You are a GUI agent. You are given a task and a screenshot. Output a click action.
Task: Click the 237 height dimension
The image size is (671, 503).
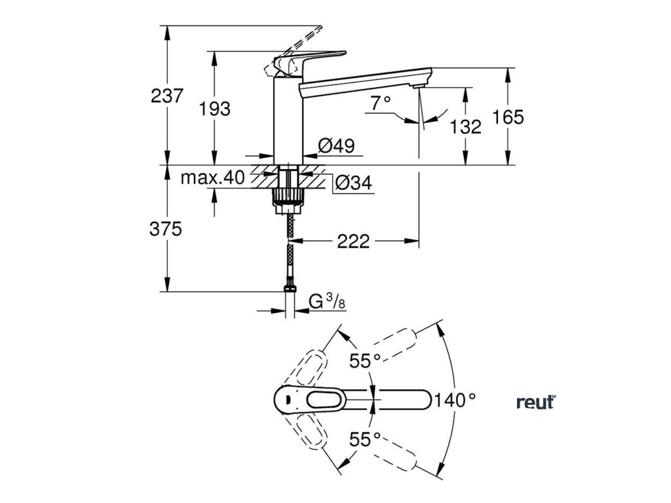pos(167,96)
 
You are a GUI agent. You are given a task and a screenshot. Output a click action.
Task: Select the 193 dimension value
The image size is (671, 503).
pos(215,109)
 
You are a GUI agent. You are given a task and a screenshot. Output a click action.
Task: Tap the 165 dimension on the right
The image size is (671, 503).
pos(508,117)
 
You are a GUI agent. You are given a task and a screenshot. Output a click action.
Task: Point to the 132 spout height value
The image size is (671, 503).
pos(466,126)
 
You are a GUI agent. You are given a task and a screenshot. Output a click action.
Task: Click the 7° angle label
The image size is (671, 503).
pos(381,103)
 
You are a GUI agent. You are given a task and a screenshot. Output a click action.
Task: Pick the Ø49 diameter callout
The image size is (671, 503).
pos(336,146)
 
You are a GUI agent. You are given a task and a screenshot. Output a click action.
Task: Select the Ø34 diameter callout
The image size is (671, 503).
pos(353,183)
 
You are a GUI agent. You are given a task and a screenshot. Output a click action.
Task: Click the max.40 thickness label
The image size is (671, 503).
pos(212,177)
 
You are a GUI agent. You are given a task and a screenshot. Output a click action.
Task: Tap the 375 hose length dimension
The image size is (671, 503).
pos(166,230)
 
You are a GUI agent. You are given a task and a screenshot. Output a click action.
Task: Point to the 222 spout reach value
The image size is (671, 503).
pos(353,242)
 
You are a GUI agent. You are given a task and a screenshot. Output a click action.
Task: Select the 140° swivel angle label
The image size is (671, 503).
pos(455,401)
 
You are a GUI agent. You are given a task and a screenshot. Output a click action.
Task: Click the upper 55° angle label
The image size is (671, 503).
pos(365,362)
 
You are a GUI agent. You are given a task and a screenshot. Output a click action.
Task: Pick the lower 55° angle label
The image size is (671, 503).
pos(365,439)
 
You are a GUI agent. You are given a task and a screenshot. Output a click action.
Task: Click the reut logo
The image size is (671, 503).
pos(536,402)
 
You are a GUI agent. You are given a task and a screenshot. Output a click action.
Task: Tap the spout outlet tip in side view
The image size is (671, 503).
pos(419,86)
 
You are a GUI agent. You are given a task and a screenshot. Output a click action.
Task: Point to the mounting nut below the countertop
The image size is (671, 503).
pos(288,199)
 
